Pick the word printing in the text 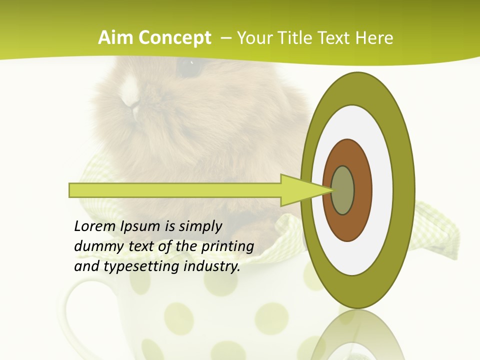click(x=227, y=247)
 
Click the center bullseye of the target click(x=343, y=190)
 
